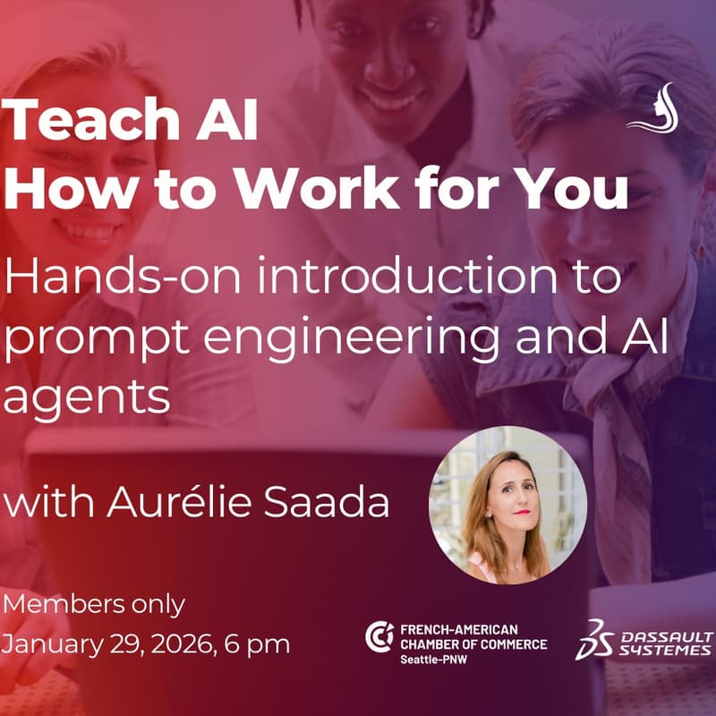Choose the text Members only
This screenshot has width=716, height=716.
coord(94,604)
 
